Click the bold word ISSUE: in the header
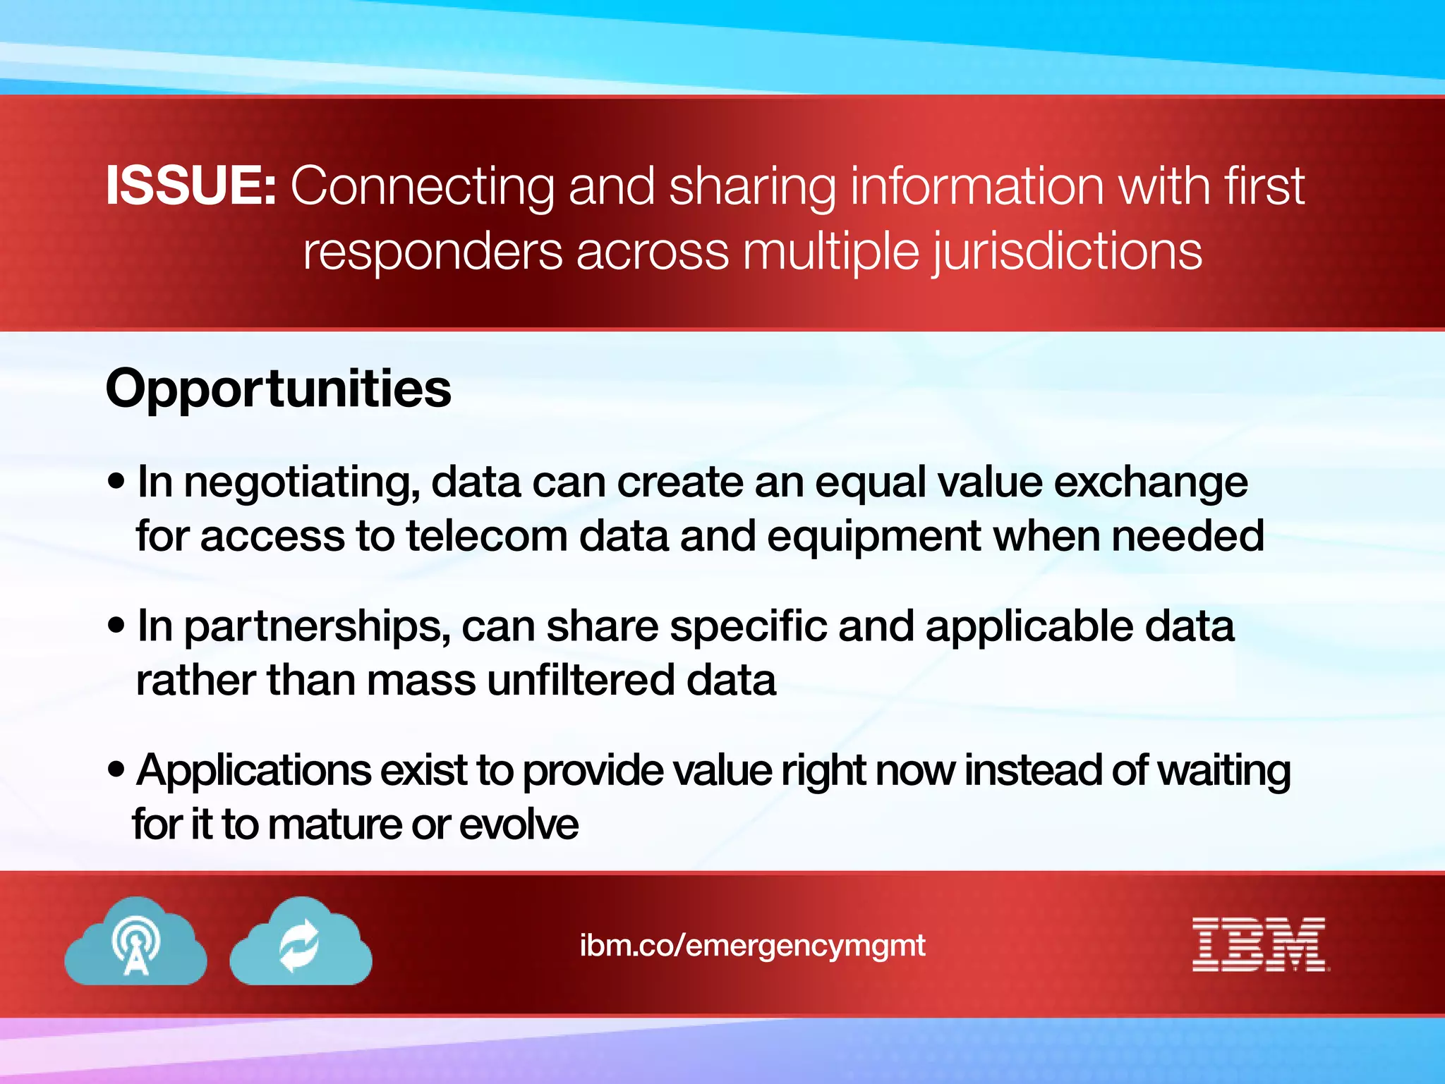(191, 186)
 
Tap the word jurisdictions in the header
(1067, 252)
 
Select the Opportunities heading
(278, 389)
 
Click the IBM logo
(1260, 944)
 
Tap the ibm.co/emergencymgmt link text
(752, 945)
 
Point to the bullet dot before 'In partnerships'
(116, 626)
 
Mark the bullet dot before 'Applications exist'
(116, 770)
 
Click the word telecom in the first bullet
(487, 537)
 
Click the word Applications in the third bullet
(254, 772)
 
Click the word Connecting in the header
(422, 186)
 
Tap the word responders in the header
(433, 252)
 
